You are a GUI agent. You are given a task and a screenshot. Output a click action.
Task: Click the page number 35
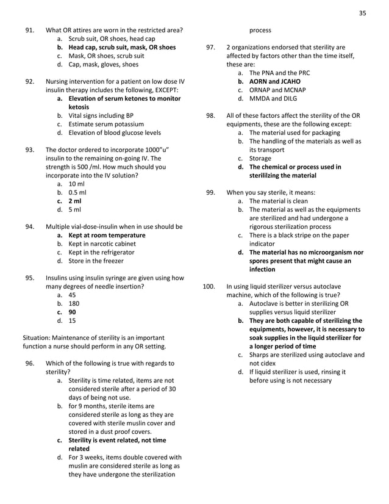coord(362,12)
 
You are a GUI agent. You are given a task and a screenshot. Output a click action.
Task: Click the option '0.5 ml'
coord(77,192)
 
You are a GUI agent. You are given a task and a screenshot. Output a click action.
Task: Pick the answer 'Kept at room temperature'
coord(107,235)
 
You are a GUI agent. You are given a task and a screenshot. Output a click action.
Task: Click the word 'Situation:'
coord(38,337)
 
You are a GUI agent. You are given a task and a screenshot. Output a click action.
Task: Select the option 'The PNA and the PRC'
coord(280,72)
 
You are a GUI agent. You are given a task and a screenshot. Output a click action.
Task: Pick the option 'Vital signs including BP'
coord(101,115)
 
